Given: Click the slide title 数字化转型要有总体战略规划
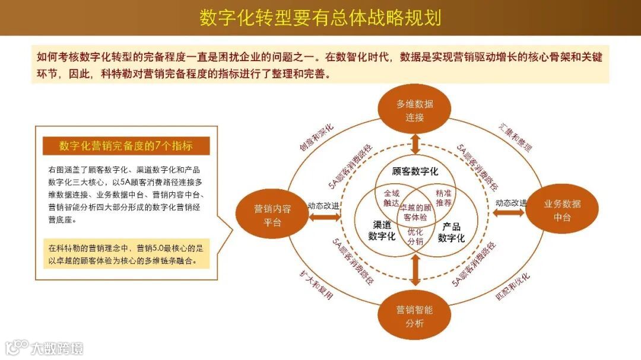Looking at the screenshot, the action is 320,18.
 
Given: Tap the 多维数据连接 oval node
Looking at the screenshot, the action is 415,110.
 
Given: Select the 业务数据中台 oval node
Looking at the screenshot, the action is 561,211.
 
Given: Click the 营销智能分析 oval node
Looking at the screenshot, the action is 415,316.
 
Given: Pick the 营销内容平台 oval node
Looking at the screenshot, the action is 272,215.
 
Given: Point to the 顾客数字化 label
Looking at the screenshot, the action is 415,171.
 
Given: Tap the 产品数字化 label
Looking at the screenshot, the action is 451,232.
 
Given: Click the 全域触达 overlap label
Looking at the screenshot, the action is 391,197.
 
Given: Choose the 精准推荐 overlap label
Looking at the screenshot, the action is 443,197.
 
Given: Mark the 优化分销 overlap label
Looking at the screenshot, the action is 415,236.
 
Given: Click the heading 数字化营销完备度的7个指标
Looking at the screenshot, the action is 126,146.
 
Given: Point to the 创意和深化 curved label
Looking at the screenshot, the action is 316,138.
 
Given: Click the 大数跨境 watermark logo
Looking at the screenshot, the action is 45,347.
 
